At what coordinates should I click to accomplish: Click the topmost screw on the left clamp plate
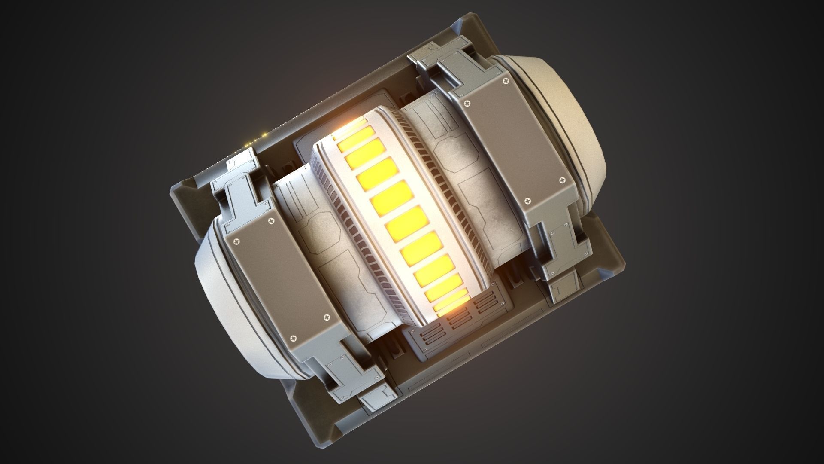pos(271,222)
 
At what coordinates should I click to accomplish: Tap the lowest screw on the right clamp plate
pos(528,201)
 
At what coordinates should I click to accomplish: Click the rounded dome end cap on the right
pos(566,112)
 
